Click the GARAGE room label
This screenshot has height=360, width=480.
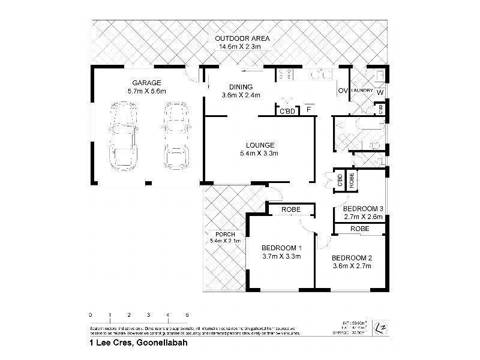coord(146,83)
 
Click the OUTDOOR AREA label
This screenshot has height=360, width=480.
coord(244,38)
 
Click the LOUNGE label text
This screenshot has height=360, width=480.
coord(260,145)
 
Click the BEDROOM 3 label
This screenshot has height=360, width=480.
coord(363,209)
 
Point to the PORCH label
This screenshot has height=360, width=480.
coord(215,234)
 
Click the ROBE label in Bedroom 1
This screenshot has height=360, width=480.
coord(290,210)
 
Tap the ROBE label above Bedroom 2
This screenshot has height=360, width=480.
coord(359,229)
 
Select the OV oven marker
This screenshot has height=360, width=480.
coord(343,91)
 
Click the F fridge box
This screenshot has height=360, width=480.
coord(308,110)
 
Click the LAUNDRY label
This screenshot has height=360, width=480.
coord(363,91)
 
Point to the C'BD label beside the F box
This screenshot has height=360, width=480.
coord(285,111)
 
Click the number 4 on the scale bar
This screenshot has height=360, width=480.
coord(167,314)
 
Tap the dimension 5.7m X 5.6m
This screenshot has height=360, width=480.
coord(146,91)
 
